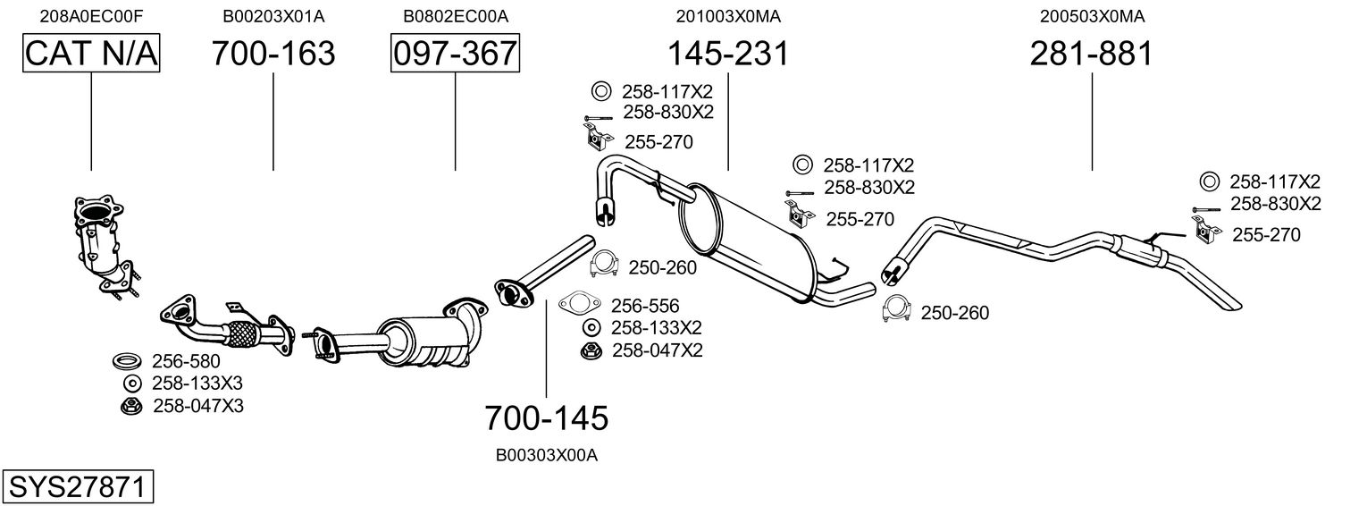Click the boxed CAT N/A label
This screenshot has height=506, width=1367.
click(x=91, y=54)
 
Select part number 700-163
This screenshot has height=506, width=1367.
click(x=273, y=54)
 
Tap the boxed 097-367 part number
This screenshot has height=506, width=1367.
click(x=455, y=54)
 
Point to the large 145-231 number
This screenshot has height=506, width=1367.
click(x=729, y=54)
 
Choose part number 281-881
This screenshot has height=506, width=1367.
click(x=1091, y=54)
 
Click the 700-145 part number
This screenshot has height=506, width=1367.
click(x=546, y=417)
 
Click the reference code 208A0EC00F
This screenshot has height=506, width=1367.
click(x=91, y=16)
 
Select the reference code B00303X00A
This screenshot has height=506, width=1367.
click(x=546, y=455)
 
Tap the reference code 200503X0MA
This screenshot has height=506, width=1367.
click(x=1092, y=16)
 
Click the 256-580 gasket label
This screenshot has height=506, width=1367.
click(x=186, y=361)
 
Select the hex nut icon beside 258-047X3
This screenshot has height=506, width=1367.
click(x=130, y=406)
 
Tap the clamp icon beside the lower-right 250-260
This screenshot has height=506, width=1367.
click(x=897, y=308)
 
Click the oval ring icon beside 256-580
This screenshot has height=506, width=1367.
click(x=128, y=361)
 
